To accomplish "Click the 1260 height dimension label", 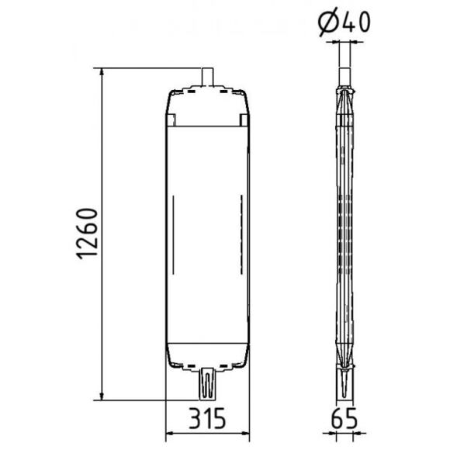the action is (87, 234).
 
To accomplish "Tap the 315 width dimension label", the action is (207, 418).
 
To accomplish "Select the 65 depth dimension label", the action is (344, 418).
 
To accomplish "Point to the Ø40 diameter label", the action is (344, 22).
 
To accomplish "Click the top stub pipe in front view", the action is (207, 77).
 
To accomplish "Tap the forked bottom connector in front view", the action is (207, 384).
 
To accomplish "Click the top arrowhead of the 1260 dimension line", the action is (101, 72).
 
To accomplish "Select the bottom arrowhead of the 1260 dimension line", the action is (101, 396).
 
